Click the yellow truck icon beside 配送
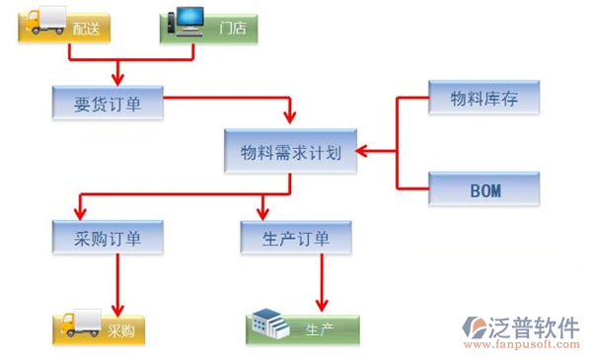click(x=43, y=22)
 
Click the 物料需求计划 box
click(x=290, y=152)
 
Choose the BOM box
click(x=483, y=188)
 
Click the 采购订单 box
click(x=108, y=238)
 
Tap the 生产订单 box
click(x=297, y=238)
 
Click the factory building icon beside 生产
click(x=270, y=323)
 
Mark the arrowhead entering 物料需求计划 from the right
click(x=362, y=152)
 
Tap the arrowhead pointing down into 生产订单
click(x=263, y=213)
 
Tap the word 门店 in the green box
click(x=233, y=29)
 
